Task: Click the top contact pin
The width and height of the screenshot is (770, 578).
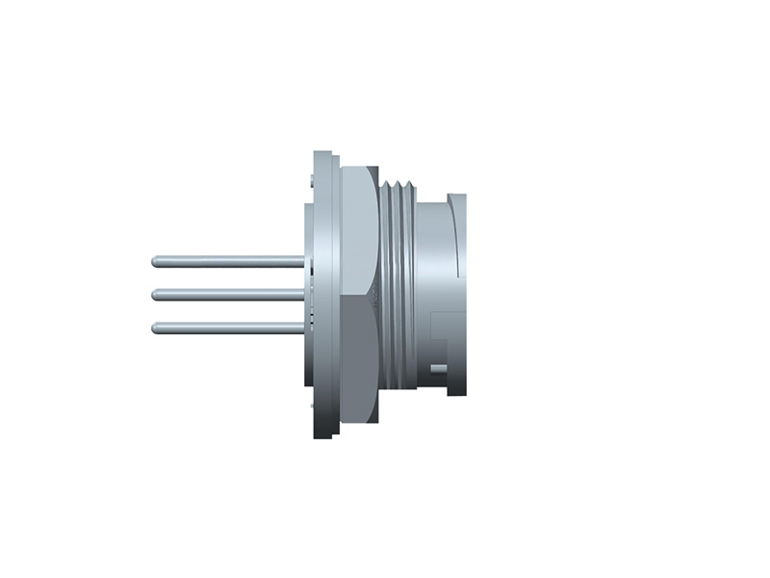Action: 231,260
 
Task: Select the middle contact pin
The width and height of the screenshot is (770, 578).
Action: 231,294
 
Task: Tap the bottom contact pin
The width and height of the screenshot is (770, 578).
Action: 231,328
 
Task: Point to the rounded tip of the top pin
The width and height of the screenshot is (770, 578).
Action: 155,260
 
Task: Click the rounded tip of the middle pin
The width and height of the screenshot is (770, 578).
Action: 155,294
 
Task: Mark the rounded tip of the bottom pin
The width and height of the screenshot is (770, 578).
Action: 155,328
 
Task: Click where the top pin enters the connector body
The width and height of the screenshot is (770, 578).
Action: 302,260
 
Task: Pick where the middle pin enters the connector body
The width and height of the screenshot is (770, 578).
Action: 302,294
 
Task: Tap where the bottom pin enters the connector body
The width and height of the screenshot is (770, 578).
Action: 302,328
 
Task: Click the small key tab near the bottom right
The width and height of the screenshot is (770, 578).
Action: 439,368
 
